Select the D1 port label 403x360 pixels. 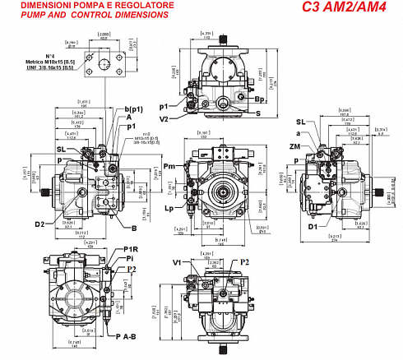click(x=313, y=226)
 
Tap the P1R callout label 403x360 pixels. click(x=131, y=249)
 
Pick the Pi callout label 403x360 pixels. click(x=131, y=258)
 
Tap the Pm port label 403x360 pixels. click(x=169, y=168)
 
